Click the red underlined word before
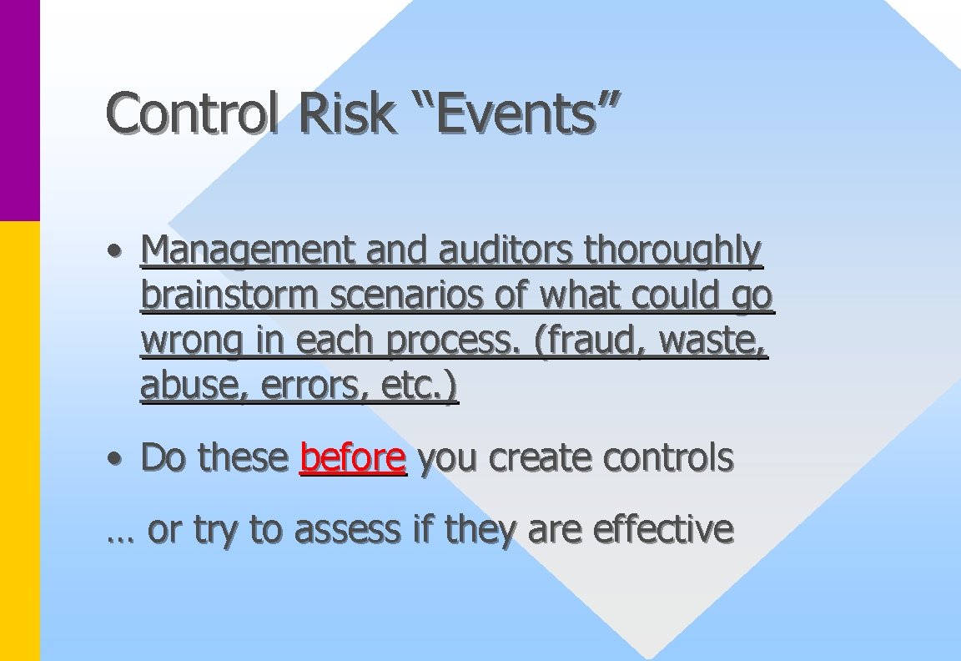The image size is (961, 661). point(352,457)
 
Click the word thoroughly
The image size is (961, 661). point(673,251)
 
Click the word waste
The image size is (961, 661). point(722,341)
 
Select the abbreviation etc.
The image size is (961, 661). point(424,386)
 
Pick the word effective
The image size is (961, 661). point(663,528)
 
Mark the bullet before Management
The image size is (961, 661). point(120,251)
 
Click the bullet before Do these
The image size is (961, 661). point(120,458)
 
